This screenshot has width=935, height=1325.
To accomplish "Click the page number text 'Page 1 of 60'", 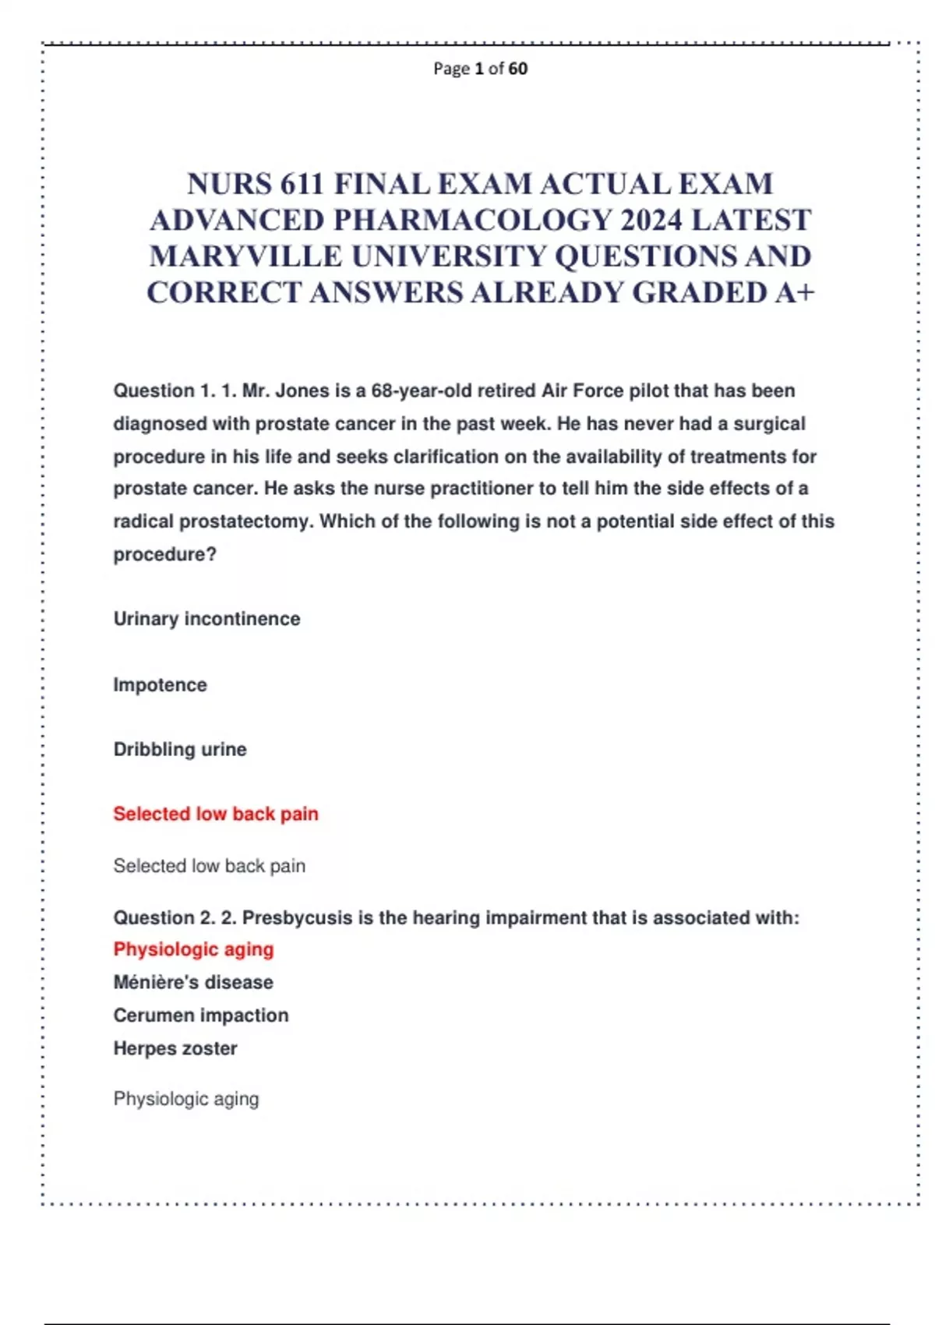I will point(480,69).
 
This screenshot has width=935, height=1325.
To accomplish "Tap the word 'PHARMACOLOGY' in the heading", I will point(473,221).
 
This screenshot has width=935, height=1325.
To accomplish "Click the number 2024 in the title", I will point(651,221).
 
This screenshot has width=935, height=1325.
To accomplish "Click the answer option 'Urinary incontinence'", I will point(206,619).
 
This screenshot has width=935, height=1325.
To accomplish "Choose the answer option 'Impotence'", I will point(160,685).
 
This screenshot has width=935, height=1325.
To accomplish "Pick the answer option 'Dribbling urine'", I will point(180,749).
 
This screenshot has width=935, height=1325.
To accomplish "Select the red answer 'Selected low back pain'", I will point(216,814).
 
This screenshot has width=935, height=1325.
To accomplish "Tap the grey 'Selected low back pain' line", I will point(209,866).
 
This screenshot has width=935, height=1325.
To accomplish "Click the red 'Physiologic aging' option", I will point(193,949).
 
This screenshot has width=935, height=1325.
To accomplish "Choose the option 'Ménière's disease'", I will point(193,982).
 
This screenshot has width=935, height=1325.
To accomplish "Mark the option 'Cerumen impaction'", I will point(201,1016).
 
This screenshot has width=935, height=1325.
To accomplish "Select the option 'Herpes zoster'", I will point(175,1048).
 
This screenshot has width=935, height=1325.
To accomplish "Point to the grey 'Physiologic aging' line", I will point(186,1099).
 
